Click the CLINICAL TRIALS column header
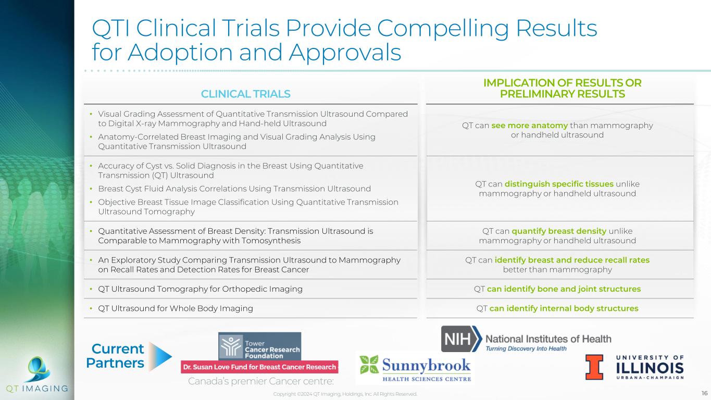[245, 94]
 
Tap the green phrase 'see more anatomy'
[529, 126]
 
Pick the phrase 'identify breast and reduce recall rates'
[572, 260]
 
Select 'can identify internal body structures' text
[564, 308]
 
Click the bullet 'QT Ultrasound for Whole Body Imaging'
[176, 308]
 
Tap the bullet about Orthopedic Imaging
[200, 289]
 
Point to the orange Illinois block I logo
[595, 367]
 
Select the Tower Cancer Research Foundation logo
[259, 346]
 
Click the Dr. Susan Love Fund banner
[259, 367]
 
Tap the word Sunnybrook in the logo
[426, 364]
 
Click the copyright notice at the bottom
[345, 394]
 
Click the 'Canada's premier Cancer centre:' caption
[260, 382]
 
